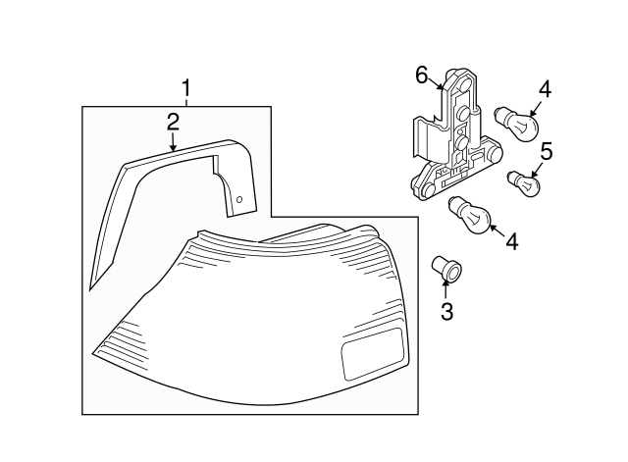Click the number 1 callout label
[185, 90]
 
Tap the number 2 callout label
[173, 122]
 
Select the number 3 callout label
[446, 312]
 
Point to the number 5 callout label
[546, 151]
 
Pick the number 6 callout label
[422, 75]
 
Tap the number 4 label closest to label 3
[511, 240]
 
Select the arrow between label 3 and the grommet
[446, 289]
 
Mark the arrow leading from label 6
[440, 86]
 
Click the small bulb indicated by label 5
[523, 182]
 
